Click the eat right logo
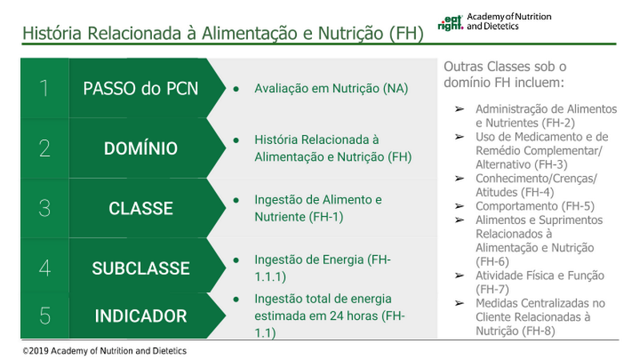[450, 23]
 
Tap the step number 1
[44, 88]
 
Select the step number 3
[45, 208]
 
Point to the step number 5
[45, 316]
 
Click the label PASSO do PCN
[141, 89]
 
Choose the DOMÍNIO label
[141, 148]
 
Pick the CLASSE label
[141, 208]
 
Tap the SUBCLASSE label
[141, 268]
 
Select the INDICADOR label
[141, 316]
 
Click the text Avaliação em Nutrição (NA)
[331, 89]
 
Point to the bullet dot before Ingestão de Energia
[236, 259]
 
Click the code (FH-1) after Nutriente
[326, 217]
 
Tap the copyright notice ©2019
[105, 350]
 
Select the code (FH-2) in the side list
[558, 123]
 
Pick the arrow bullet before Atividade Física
[459, 275]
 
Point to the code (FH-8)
[538, 331]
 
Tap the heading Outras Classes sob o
[505, 66]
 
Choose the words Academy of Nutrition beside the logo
[509, 17]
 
